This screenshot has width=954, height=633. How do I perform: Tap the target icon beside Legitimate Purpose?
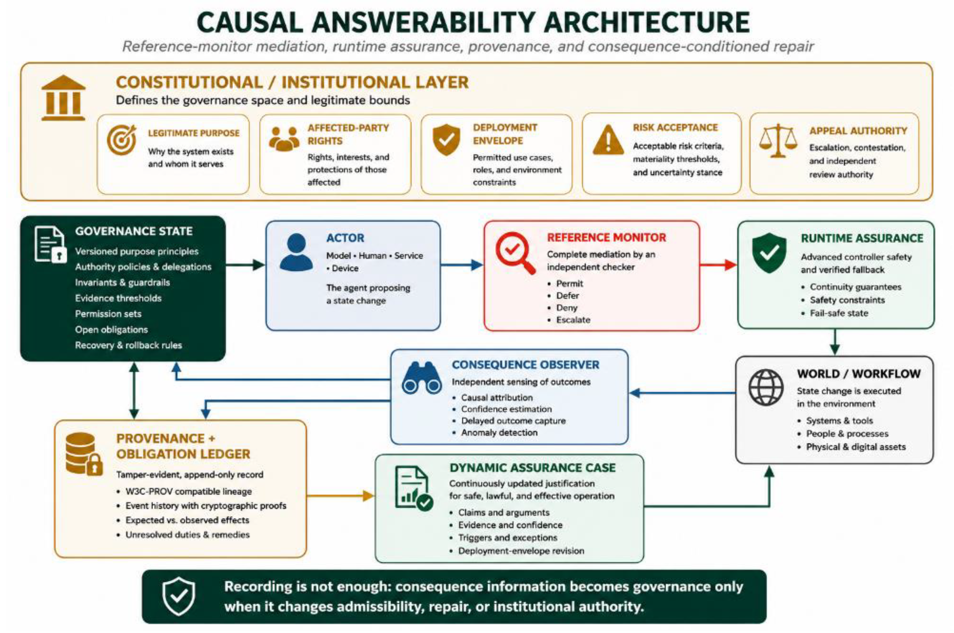pos(121,140)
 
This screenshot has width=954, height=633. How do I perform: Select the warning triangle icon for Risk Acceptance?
pos(608,140)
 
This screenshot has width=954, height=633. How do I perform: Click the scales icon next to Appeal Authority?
pos(778,141)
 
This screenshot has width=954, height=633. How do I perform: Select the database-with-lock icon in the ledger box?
pos(84,453)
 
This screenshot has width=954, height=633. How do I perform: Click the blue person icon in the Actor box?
pos(296,252)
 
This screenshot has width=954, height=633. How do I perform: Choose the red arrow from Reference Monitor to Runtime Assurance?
pos(718,265)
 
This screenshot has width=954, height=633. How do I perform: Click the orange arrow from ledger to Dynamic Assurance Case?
pos(340,496)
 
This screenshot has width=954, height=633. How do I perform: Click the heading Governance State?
pos(134,231)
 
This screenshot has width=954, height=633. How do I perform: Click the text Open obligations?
pos(111,329)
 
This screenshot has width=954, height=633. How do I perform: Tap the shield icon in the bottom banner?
pos(178,596)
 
